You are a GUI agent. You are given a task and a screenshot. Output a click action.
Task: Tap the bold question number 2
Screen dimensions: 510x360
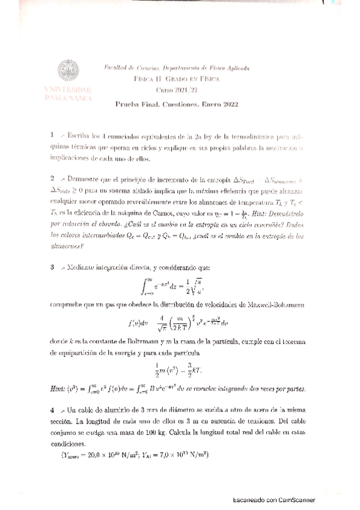[53, 179]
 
